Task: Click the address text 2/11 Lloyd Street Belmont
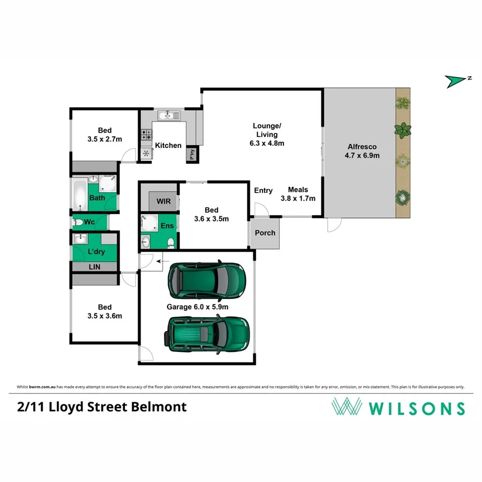coord(102,406)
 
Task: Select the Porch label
coord(265,233)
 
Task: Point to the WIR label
coord(163,201)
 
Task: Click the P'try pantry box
coord(191,154)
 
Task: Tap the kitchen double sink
coord(170,115)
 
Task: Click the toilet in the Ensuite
coord(171,243)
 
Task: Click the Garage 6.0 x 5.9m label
coord(198,307)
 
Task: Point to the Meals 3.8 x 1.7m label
coord(298,194)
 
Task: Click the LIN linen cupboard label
coord(95,267)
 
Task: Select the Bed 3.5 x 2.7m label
coord(105,134)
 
